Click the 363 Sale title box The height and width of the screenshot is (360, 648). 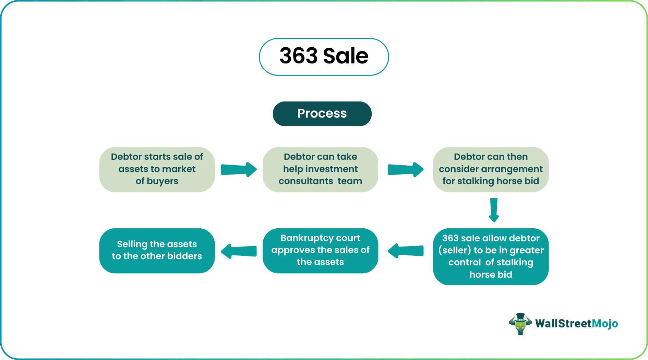(x=324, y=57)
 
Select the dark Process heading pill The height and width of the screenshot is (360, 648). (x=322, y=113)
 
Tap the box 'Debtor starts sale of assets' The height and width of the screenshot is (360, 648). (x=157, y=169)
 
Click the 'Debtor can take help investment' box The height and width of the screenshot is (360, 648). (x=320, y=169)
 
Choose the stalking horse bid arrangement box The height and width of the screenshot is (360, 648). (x=491, y=169)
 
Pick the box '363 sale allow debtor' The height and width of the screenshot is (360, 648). (x=491, y=256)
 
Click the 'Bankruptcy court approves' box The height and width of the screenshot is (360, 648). (x=320, y=250)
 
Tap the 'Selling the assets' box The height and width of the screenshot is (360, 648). (x=157, y=250)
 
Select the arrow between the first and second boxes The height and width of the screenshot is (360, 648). (x=239, y=169)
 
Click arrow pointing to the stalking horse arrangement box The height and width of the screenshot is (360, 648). (x=406, y=169)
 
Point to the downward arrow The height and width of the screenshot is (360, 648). (x=494, y=210)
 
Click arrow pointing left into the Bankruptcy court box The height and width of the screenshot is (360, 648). (x=406, y=251)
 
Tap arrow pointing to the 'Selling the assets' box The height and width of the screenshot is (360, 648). (x=239, y=251)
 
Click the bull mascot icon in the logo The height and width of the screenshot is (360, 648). (x=520, y=324)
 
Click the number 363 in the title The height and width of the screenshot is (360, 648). (x=299, y=56)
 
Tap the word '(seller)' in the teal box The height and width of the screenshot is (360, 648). (x=455, y=250)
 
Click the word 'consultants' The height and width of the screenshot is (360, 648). (x=305, y=181)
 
